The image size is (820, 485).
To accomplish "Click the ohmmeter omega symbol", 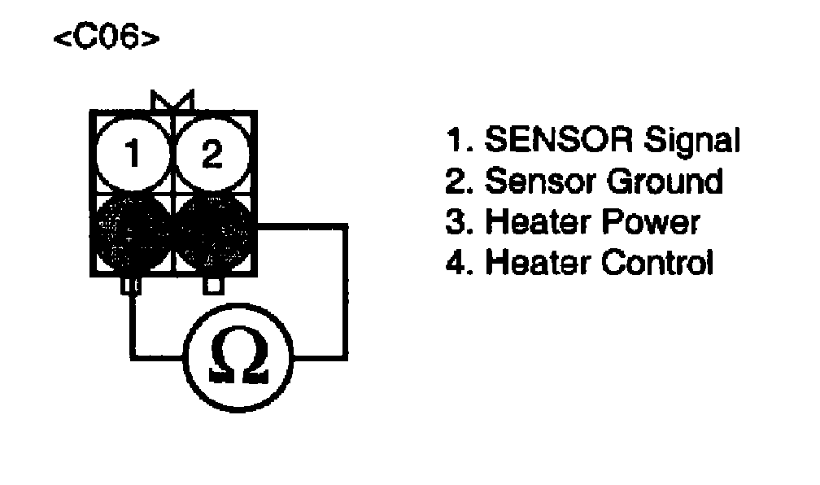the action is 238,356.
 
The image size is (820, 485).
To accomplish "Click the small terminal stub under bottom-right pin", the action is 213,286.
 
